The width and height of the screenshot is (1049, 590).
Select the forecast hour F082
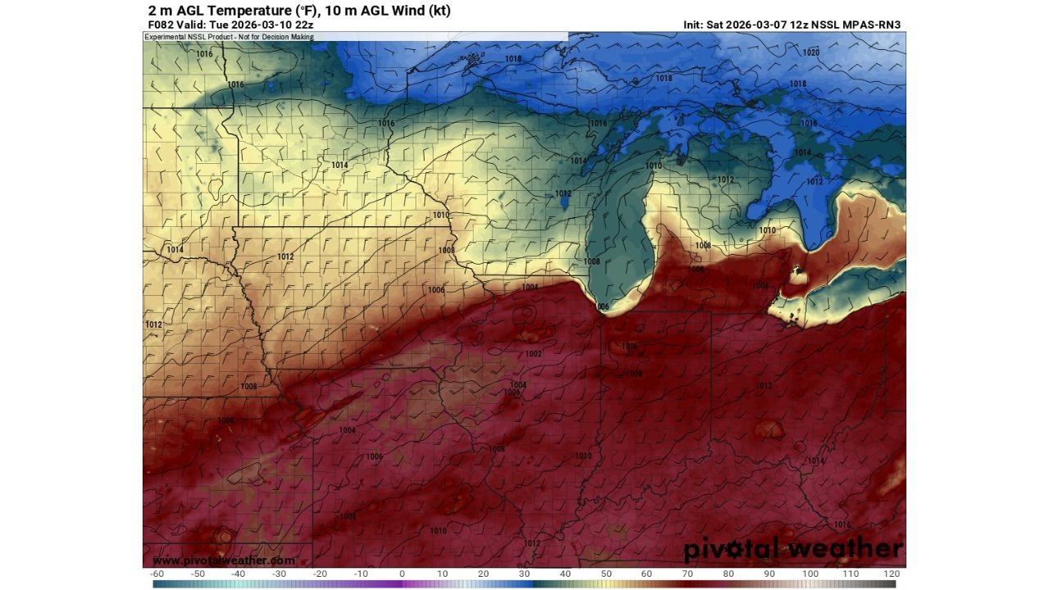pos(161,25)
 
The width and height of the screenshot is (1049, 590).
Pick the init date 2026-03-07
pos(756,25)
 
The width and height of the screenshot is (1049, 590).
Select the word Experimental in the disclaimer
pos(167,37)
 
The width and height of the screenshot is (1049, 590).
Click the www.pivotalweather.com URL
pos(223,560)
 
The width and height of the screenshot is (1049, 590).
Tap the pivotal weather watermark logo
pos(792,548)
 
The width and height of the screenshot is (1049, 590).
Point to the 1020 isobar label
pos(811,52)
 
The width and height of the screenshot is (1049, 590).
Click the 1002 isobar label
pos(534,354)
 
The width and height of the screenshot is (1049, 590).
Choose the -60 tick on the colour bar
pos(157,574)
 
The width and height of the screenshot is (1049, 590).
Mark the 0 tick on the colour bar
pos(402,574)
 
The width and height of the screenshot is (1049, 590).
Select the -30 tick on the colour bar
pos(279,574)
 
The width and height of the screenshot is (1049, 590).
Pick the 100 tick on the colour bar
pos(810,574)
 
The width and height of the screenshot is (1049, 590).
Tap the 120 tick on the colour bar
pos(892,574)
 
